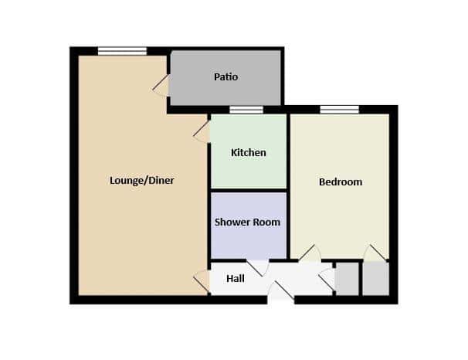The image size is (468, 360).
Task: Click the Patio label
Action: (x=226, y=77)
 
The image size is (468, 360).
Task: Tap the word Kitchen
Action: (x=249, y=152)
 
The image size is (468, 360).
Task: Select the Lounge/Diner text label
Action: (x=142, y=181)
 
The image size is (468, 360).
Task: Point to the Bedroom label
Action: (x=341, y=182)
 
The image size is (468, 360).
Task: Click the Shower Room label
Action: (x=247, y=222)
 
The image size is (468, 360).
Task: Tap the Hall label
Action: (x=236, y=279)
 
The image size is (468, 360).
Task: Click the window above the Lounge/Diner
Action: (x=122, y=51)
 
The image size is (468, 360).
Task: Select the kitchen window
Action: (x=246, y=110)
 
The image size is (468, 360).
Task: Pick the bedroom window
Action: (x=340, y=110)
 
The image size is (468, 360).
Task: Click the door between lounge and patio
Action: (x=161, y=85)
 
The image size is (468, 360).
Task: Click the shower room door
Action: (x=257, y=268)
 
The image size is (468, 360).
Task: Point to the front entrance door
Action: (x=281, y=290)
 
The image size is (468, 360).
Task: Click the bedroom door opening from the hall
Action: (x=310, y=253)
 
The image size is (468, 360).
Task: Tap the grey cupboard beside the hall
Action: (x=347, y=279)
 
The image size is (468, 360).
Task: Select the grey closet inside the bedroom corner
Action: (x=376, y=279)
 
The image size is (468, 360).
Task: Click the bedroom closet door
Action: (x=375, y=253)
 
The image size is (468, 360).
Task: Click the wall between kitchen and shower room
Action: (x=249, y=190)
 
